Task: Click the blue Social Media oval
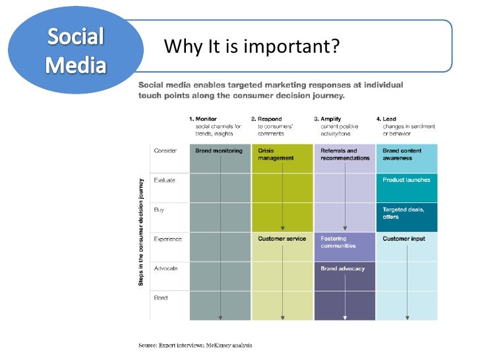click(x=75, y=51)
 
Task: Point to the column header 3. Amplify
click(x=327, y=119)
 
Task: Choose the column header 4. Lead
click(x=389, y=119)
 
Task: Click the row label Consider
click(x=165, y=151)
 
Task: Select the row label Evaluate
click(x=165, y=180)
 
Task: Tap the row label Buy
click(x=159, y=210)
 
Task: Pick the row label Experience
click(x=168, y=239)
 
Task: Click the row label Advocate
click(x=166, y=268)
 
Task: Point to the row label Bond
click(x=161, y=298)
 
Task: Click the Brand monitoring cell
click(x=219, y=151)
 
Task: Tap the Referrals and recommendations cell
click(x=345, y=154)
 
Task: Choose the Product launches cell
click(x=406, y=180)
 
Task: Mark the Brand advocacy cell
click(x=343, y=269)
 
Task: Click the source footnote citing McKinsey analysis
click(x=195, y=345)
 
